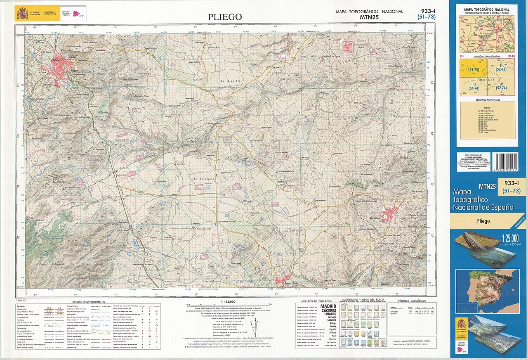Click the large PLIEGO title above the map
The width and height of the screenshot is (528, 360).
[x=225, y=17]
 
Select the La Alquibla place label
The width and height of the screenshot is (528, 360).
[x=230, y=81]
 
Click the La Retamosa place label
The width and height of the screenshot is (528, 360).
[x=202, y=178]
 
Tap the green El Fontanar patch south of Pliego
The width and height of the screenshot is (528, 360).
[x=104, y=107]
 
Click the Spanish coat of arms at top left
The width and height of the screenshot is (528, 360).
[x=22, y=14]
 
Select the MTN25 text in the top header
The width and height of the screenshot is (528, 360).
[x=369, y=17]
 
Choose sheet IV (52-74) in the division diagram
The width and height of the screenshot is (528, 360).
[x=501, y=86]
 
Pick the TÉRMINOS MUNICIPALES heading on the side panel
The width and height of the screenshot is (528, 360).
[x=487, y=99]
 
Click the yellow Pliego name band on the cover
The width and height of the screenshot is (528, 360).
[x=483, y=221]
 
